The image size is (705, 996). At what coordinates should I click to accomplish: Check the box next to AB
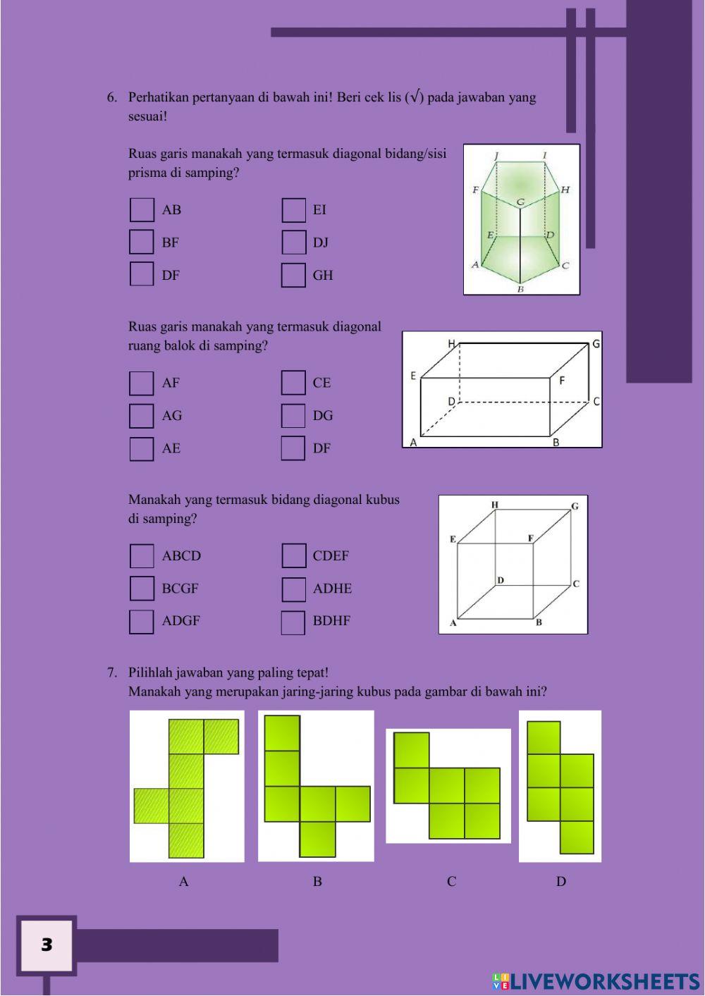[x=142, y=210]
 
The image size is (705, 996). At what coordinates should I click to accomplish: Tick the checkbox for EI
[x=293, y=210]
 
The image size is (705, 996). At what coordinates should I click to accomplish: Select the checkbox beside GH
[x=293, y=275]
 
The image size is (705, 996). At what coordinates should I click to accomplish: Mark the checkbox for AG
[x=142, y=416]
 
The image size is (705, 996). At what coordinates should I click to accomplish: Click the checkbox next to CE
[x=293, y=383]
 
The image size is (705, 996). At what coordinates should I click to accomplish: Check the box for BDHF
[x=293, y=622]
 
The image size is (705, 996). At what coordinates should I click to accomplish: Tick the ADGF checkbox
[x=142, y=622]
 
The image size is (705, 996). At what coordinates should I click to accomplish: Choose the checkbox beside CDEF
[x=293, y=556]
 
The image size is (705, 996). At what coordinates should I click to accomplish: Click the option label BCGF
[x=180, y=589]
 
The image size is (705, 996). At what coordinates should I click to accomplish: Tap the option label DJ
[x=321, y=242]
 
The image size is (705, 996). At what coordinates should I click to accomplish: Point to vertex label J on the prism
[x=496, y=156]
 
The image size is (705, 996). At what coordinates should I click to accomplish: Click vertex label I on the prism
[x=544, y=156]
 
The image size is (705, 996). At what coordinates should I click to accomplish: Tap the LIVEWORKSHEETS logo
[x=596, y=981]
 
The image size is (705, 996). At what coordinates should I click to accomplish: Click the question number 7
[x=111, y=672]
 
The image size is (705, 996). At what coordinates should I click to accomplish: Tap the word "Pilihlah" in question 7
[x=150, y=672]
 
